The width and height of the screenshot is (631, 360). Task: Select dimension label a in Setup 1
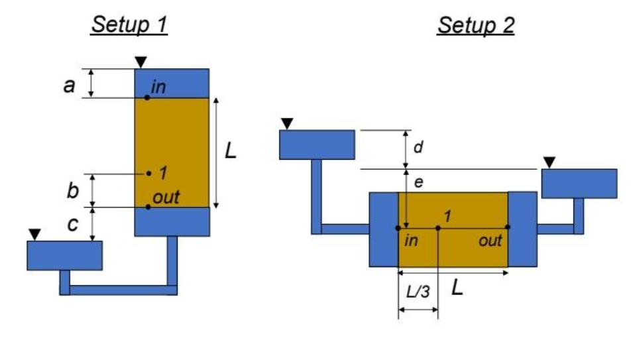(69, 84)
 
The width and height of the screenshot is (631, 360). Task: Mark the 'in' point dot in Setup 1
(147, 98)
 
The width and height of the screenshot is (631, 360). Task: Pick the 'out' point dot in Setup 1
(148, 207)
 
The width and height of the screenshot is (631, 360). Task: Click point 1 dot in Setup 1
(150, 174)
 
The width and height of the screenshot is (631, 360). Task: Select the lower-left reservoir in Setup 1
(64, 255)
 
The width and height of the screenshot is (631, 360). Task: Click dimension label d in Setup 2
(418, 147)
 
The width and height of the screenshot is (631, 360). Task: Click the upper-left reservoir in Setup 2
(317, 145)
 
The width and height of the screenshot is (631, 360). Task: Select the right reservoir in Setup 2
(570, 184)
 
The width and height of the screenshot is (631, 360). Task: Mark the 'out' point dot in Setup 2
(508, 227)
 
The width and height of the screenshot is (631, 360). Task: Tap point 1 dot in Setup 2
(438, 228)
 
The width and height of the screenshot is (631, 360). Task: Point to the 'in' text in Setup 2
(412, 241)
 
